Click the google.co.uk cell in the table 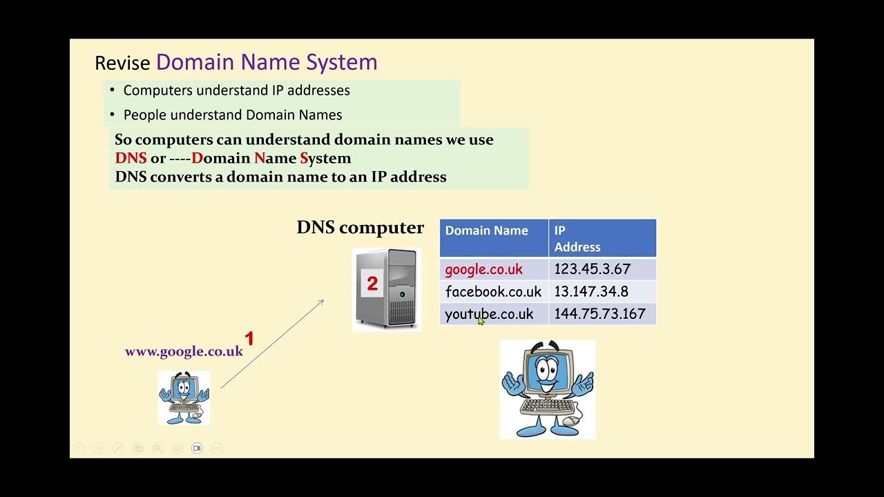[483, 269]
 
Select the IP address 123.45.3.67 [593, 269]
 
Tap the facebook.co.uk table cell [493, 291]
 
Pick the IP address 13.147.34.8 [591, 291]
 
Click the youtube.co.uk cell [489, 314]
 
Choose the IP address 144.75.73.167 [599, 314]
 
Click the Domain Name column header [486, 231]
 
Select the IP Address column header [577, 239]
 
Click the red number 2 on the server [372, 284]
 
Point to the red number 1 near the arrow [249, 339]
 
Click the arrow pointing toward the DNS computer [273, 344]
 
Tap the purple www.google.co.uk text [184, 351]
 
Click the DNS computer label [360, 228]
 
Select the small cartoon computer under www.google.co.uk [183, 397]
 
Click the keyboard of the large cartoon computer [541, 406]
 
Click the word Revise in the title [122, 64]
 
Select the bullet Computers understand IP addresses [236, 90]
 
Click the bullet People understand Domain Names [232, 115]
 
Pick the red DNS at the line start [131, 158]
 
